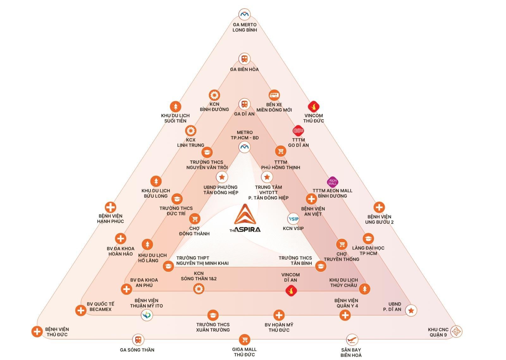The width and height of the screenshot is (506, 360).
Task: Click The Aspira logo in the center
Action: click(x=245, y=218)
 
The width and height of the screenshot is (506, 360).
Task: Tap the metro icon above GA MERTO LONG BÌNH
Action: click(x=244, y=14)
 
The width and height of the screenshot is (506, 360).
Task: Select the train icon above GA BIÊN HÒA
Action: click(x=244, y=59)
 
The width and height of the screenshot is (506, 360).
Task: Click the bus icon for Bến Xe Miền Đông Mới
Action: click(x=274, y=95)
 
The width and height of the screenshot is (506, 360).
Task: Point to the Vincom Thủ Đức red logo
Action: click(x=313, y=107)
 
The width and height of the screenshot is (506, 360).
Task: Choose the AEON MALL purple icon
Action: click(x=332, y=182)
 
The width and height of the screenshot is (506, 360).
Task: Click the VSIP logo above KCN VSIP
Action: click(x=293, y=219)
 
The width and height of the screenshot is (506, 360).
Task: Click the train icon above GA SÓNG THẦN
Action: click(x=138, y=340)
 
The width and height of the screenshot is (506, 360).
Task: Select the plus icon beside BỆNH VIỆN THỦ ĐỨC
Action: click(x=37, y=331)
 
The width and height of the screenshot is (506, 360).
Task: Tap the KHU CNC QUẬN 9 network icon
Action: click(x=456, y=331)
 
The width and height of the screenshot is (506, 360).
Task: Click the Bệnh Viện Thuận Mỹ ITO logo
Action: click(x=147, y=315)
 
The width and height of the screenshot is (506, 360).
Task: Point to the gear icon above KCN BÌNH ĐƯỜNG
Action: click(x=214, y=95)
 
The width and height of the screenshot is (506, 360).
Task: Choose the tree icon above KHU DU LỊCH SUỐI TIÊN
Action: click(x=176, y=107)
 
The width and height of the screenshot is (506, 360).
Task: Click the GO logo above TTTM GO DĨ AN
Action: click(x=298, y=131)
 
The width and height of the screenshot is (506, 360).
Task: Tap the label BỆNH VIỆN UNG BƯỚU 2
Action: click(x=379, y=219)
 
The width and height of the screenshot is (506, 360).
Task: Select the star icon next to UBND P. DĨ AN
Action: click(x=411, y=311)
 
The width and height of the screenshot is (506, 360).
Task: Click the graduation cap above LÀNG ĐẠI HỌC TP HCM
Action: click(x=368, y=239)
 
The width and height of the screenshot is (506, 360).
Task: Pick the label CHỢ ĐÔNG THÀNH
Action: click(x=194, y=231)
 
